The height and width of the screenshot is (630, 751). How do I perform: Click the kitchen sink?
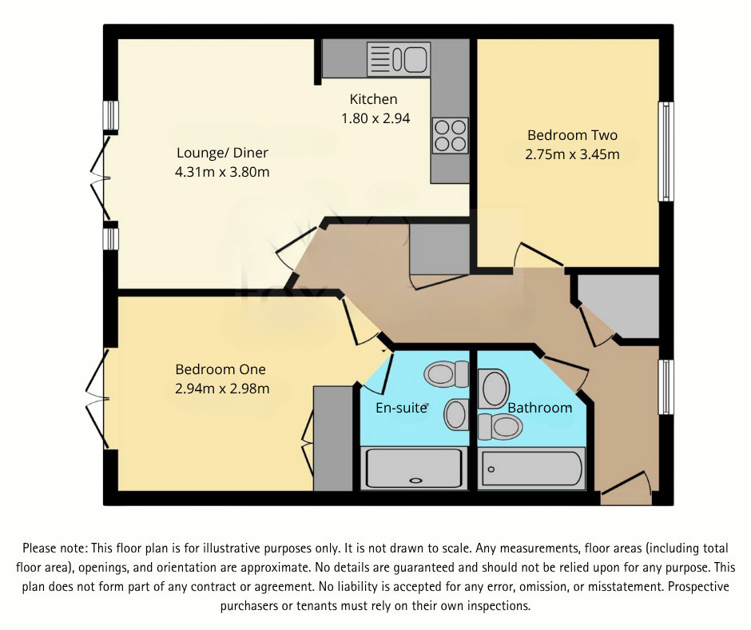(399, 59)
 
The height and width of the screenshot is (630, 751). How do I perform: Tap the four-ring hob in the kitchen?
(450, 135)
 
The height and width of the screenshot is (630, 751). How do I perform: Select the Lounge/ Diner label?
(222, 153)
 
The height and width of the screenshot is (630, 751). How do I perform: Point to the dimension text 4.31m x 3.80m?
(222, 172)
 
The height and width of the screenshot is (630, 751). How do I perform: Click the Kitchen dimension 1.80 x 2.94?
(375, 118)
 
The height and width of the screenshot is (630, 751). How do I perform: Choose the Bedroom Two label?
(572, 135)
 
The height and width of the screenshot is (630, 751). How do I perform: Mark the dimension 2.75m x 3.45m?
(572, 154)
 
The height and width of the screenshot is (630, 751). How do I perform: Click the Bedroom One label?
(221, 369)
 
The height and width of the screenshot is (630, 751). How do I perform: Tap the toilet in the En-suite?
(447, 373)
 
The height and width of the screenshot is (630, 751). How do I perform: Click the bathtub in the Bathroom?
(533, 469)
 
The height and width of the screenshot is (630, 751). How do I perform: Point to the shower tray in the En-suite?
(413, 469)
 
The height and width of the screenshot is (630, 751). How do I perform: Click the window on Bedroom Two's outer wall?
(665, 152)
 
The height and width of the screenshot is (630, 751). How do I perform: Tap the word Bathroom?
(540, 408)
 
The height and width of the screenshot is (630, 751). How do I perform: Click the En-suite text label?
(402, 408)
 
